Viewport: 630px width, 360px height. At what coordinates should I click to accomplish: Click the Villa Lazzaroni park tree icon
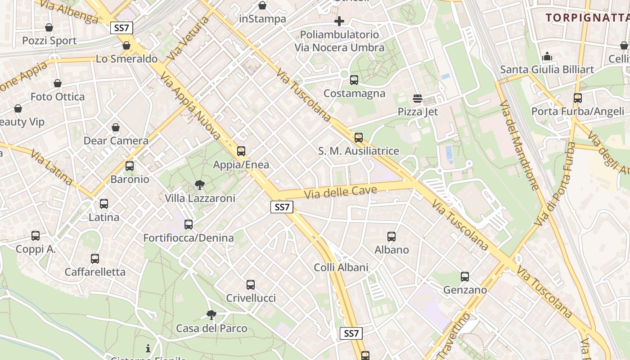click(x=199, y=184)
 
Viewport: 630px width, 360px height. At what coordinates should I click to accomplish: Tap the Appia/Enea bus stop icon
click(x=241, y=151)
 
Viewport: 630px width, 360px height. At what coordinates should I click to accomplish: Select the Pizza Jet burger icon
click(x=417, y=99)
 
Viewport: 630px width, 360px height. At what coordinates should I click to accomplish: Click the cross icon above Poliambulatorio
click(x=339, y=21)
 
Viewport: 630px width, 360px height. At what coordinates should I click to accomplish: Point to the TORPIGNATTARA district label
click(x=587, y=18)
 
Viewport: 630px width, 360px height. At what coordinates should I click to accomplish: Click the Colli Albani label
click(x=341, y=267)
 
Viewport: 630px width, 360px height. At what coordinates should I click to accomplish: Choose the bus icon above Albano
click(x=391, y=236)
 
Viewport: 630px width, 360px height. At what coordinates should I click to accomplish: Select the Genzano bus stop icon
click(x=465, y=276)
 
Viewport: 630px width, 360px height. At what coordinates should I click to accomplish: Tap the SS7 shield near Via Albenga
click(x=121, y=28)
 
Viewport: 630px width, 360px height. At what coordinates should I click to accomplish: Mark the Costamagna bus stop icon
click(x=354, y=80)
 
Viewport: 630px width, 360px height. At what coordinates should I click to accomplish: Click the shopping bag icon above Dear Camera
click(x=116, y=127)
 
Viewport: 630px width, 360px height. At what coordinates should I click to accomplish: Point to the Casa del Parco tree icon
click(x=211, y=315)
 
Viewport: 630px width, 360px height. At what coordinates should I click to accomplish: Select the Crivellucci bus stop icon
click(x=251, y=284)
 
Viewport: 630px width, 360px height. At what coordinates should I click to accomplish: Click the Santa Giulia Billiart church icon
click(x=547, y=56)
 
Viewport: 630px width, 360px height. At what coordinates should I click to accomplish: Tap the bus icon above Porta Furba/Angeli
click(x=578, y=98)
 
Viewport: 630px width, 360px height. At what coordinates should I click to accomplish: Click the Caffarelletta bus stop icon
click(x=95, y=259)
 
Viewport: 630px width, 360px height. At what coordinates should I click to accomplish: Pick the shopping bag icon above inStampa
click(x=262, y=5)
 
